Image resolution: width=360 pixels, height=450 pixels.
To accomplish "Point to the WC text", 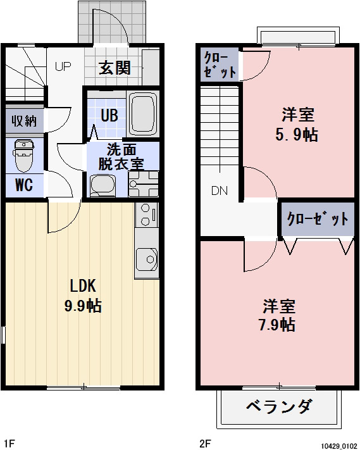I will (24, 185).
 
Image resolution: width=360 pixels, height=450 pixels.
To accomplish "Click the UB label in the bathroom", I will (109, 116).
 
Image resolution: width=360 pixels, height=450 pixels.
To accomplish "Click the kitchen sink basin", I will (147, 259).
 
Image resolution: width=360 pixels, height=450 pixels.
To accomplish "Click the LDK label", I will (82, 285).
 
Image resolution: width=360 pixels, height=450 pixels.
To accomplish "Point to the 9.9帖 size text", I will (82, 306).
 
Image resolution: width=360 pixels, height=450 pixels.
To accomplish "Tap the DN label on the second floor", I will (219, 191).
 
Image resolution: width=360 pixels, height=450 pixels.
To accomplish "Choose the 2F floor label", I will (205, 442).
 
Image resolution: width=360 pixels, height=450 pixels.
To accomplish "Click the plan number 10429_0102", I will (337, 444).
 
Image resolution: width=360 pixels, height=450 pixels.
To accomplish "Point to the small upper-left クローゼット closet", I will (220, 65).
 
